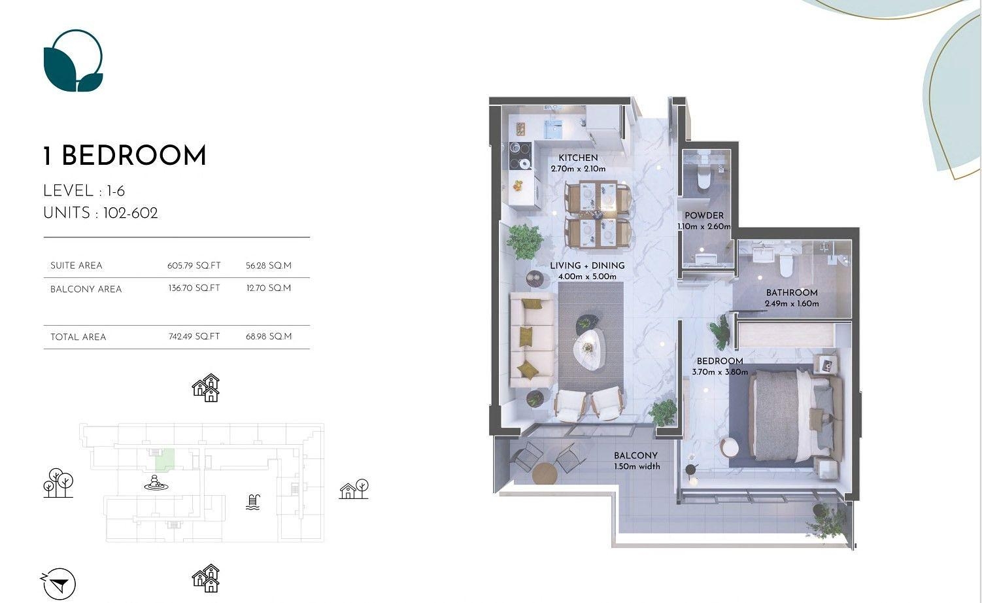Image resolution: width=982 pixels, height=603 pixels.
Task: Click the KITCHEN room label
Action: tap(578, 158)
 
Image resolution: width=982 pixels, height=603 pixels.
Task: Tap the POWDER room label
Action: tap(704, 215)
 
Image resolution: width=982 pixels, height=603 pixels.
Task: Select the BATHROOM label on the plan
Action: tap(792, 292)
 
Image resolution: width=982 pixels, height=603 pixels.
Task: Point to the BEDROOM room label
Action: tap(720, 361)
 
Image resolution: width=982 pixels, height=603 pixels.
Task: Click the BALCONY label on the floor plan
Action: tap(636, 455)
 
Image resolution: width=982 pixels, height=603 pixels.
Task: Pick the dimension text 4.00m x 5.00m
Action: tap(588, 277)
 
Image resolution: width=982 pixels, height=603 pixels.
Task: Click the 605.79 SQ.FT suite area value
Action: tap(194, 266)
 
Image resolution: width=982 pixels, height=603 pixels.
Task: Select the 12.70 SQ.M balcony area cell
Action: tap(269, 288)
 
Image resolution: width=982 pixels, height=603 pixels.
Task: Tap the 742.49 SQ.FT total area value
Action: tap(194, 336)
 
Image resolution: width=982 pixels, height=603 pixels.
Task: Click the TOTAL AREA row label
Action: tap(78, 337)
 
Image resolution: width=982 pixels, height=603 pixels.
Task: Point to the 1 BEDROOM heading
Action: tap(124, 156)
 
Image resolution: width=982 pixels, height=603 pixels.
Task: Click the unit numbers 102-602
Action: tap(130, 213)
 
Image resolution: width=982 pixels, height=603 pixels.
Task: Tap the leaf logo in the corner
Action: tap(73, 61)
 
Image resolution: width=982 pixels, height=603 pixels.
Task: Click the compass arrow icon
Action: tap(59, 584)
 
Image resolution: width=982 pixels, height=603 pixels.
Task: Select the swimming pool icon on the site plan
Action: tap(253, 502)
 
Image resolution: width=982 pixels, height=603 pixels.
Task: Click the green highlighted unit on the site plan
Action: tap(164, 458)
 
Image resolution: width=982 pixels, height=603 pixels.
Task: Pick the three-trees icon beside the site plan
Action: tap(58, 483)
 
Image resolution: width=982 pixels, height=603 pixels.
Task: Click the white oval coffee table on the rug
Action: tap(590, 350)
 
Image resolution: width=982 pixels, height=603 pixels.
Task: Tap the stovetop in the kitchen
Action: tap(520, 156)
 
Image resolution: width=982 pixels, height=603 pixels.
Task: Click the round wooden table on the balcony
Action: tap(545, 474)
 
